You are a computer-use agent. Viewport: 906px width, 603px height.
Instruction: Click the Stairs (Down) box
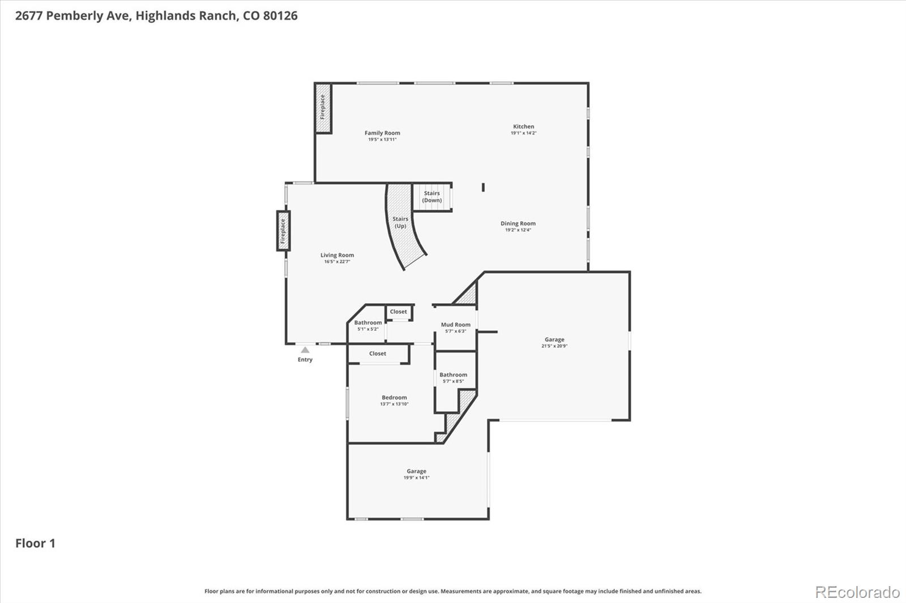pos(432,197)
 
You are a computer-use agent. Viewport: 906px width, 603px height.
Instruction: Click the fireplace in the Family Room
pos(323,107)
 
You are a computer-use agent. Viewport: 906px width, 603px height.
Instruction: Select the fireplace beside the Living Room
pos(283,230)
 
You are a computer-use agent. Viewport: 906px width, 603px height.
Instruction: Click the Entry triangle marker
pos(305,350)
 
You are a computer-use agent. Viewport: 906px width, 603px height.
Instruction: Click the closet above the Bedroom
pos(378,354)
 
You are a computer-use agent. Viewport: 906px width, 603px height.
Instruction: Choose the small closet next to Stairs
pos(399,312)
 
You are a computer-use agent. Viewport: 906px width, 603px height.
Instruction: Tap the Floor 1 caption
pos(35,544)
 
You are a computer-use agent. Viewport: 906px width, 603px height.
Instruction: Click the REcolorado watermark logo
pos(857,592)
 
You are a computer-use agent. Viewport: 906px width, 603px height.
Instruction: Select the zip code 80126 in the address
pos(280,16)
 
